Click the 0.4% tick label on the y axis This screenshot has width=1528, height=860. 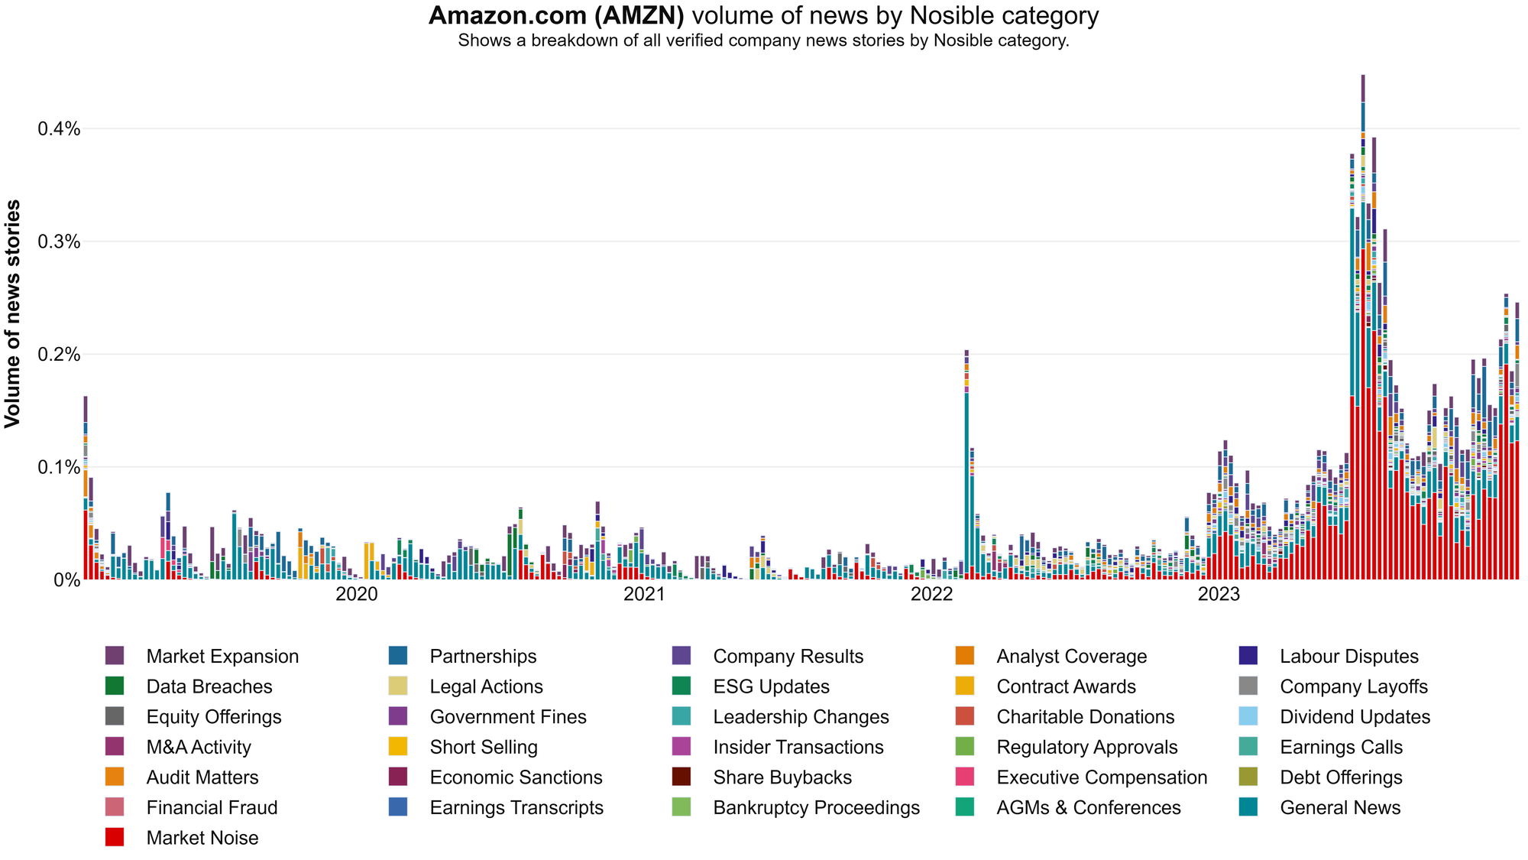coord(59,129)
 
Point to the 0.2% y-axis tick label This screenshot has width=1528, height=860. coord(59,355)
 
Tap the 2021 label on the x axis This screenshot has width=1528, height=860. coord(644,594)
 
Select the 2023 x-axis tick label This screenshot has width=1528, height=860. coord(1219,594)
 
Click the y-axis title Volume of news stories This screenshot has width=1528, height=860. coord(13,313)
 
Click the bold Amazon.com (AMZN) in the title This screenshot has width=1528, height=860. coord(555,15)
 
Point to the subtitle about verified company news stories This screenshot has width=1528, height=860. coord(763,41)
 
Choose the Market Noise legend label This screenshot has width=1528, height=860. coord(202,838)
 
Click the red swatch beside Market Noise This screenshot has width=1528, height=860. coord(115,837)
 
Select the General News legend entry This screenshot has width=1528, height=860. coord(1340,808)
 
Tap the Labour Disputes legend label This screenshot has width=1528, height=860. coord(1349,657)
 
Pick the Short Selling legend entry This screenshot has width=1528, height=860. coord(484,747)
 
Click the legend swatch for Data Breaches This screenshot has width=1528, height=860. coord(115,686)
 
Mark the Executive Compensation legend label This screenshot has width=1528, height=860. coord(1102,777)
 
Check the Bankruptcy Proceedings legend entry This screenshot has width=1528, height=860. coord(816,808)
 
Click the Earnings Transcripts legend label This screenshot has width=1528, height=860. coord(516,808)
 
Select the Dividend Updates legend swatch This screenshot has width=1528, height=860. coord(1248,716)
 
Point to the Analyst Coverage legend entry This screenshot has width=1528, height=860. coord(1071,657)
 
